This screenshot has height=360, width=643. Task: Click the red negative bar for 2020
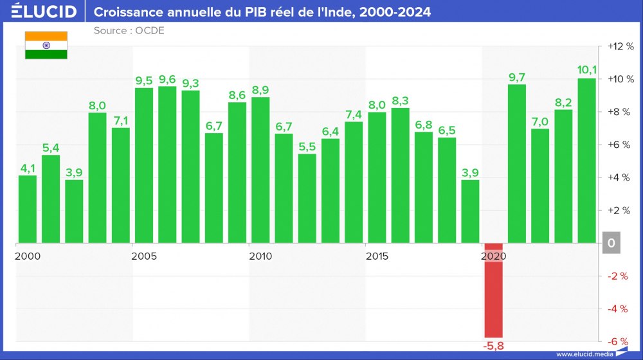point(493,290)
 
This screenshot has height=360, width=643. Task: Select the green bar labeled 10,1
point(586,161)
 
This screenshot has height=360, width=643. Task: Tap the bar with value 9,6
point(167,165)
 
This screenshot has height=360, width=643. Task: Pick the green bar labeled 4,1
point(28,209)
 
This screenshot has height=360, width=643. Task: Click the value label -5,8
point(493,346)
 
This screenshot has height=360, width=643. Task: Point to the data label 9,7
point(517,77)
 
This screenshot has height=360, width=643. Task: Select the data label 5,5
point(307,147)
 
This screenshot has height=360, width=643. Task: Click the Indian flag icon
point(46,45)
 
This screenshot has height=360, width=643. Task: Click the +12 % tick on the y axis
point(620,47)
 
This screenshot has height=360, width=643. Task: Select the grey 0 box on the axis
point(611,243)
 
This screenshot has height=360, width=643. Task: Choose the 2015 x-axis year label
point(377,256)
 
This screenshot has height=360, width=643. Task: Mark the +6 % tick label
point(620,145)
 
